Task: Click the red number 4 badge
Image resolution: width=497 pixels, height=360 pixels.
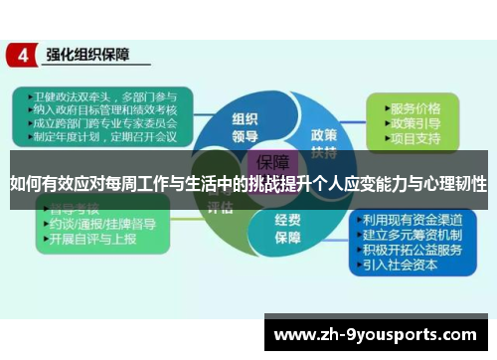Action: click(x=21, y=56)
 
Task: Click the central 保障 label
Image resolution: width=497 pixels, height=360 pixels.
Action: click(x=271, y=162)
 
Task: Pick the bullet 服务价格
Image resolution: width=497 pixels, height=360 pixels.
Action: click(x=414, y=107)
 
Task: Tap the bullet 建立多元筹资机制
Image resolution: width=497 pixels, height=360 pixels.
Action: click(x=412, y=236)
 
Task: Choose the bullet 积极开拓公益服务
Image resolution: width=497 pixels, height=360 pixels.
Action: click(x=412, y=251)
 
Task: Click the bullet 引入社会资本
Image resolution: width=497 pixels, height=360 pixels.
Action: click(x=404, y=266)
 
